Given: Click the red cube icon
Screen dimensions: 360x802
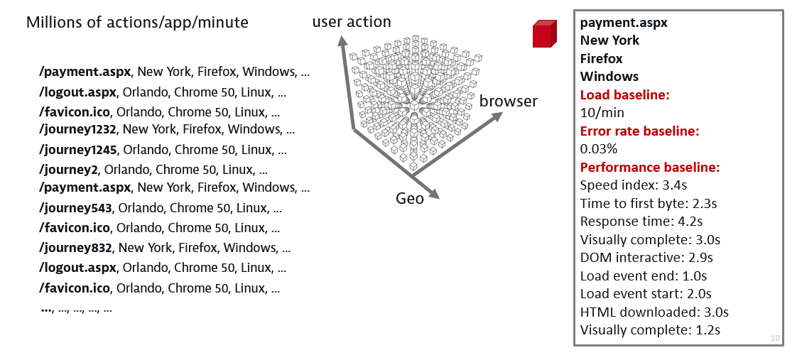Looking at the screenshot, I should (x=543, y=33).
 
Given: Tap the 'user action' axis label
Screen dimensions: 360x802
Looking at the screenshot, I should (x=352, y=23).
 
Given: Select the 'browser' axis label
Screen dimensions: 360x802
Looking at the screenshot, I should (x=508, y=101).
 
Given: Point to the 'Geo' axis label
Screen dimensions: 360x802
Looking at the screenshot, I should (x=409, y=198).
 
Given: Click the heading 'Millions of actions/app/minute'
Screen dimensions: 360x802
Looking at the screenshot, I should (x=137, y=22).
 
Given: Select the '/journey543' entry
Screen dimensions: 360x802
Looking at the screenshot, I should (x=77, y=208).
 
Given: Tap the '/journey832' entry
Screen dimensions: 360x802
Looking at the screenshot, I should (x=77, y=248).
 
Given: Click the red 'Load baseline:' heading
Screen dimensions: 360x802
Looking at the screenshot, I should (x=625, y=94).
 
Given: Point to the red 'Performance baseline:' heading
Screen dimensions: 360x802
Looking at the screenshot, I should (x=650, y=168).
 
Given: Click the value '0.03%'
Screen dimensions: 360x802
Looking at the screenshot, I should (x=598, y=149).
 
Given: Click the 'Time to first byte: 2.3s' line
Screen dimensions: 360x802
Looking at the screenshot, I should (x=648, y=204).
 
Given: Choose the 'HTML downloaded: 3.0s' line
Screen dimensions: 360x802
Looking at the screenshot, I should (x=654, y=312).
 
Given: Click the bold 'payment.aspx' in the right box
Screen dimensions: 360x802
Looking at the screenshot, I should (x=623, y=22).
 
